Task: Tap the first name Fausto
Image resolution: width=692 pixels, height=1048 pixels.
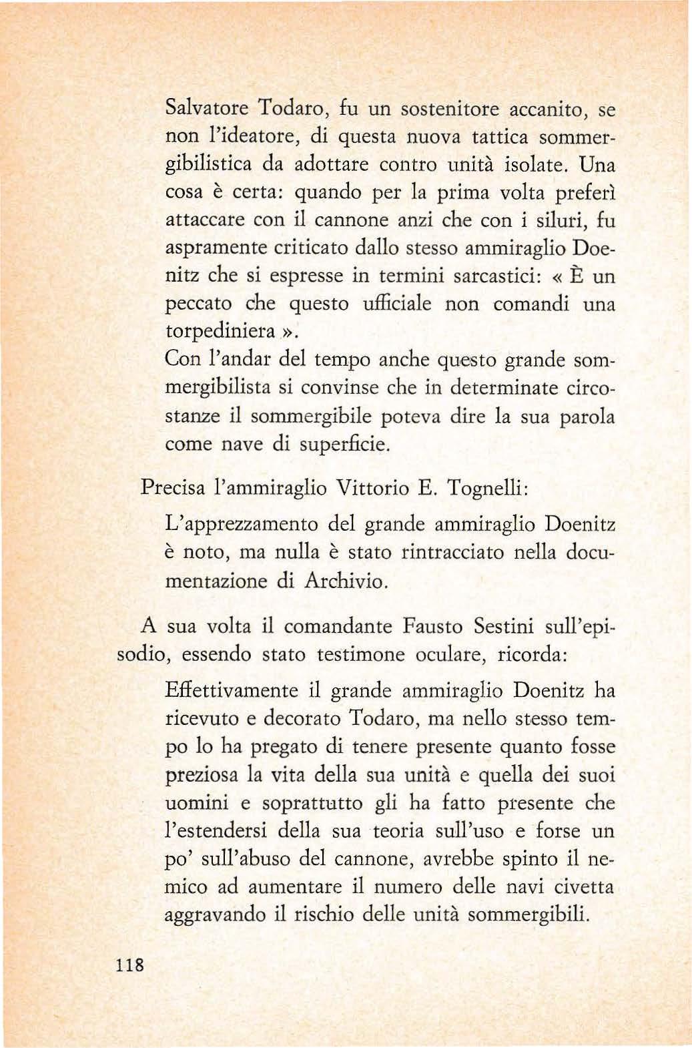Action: [x=433, y=627]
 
